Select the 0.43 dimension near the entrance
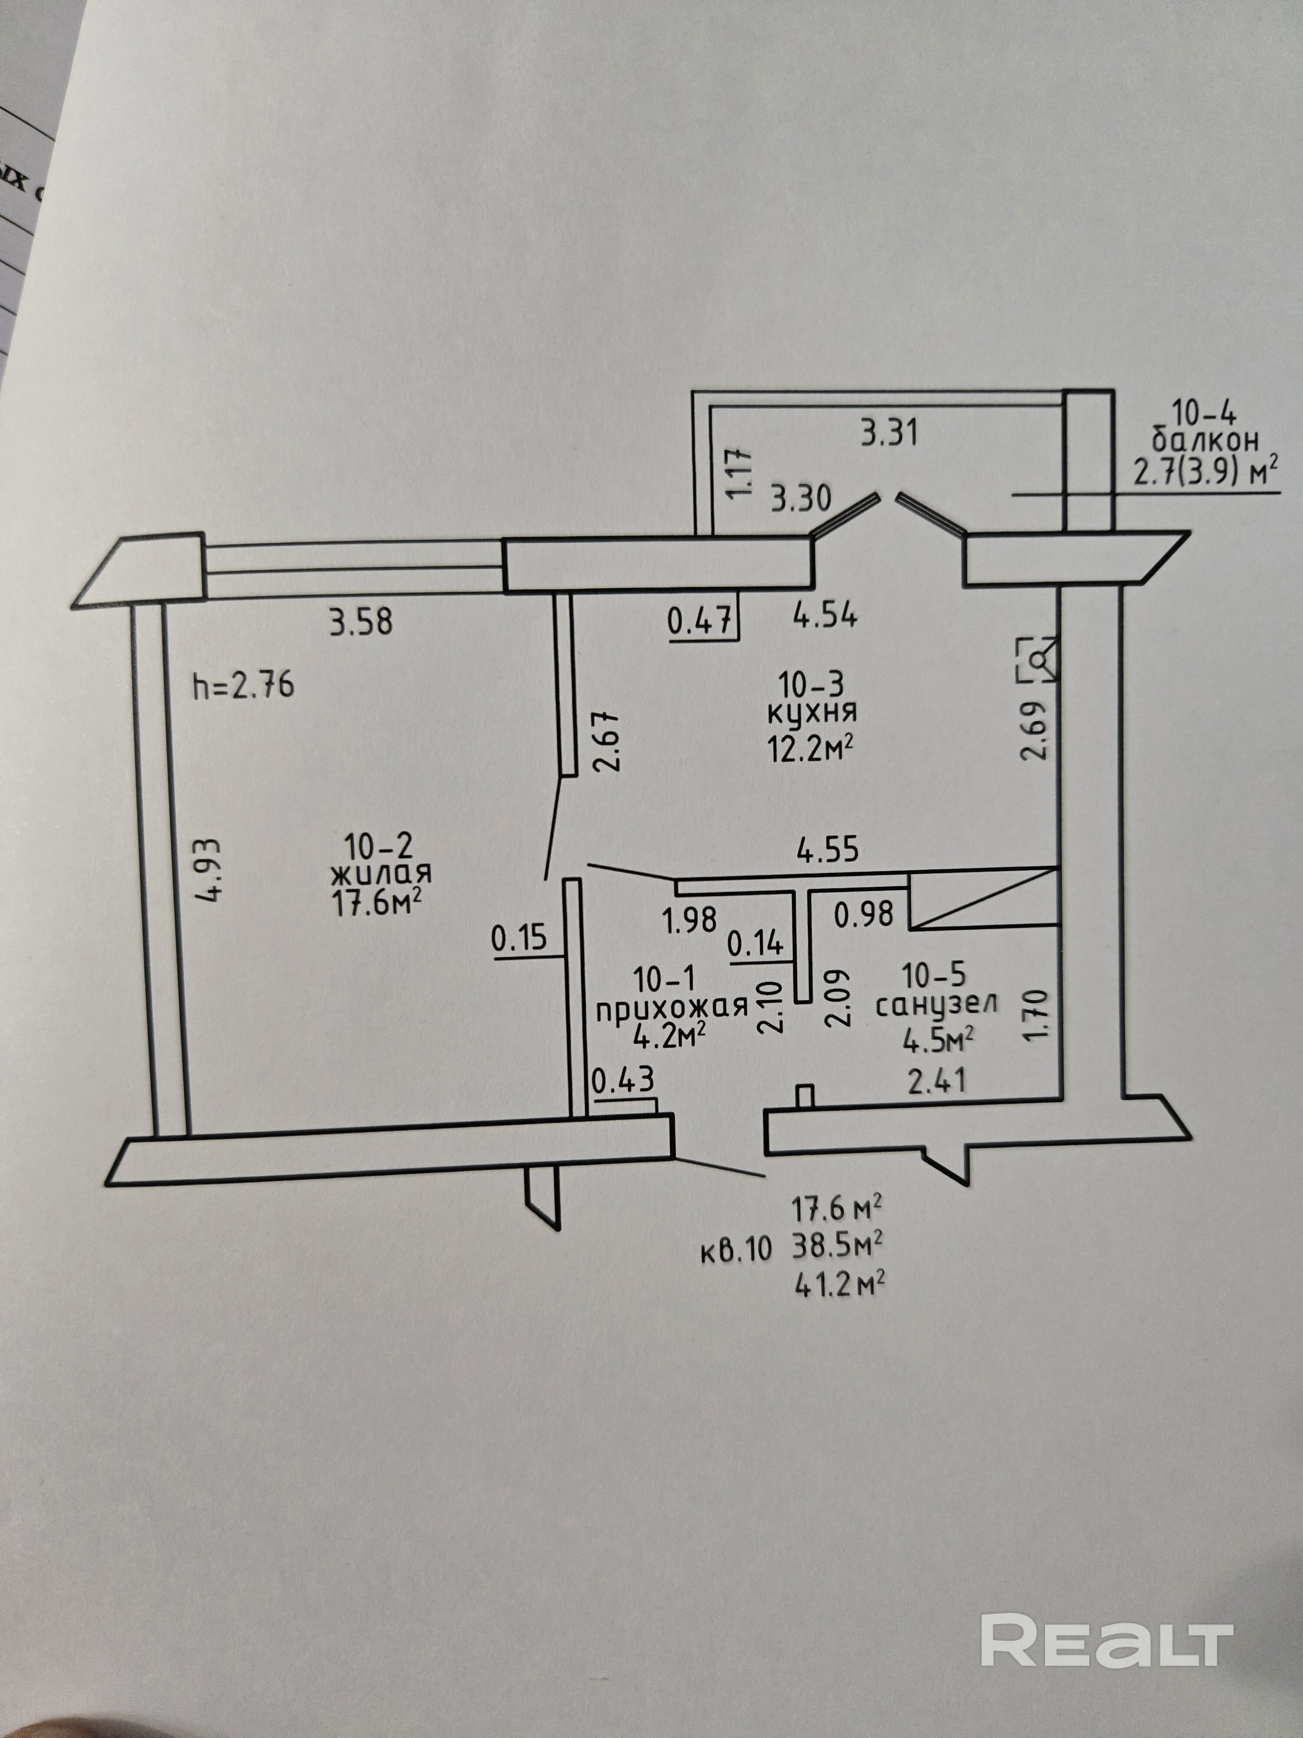(x=623, y=1081)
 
